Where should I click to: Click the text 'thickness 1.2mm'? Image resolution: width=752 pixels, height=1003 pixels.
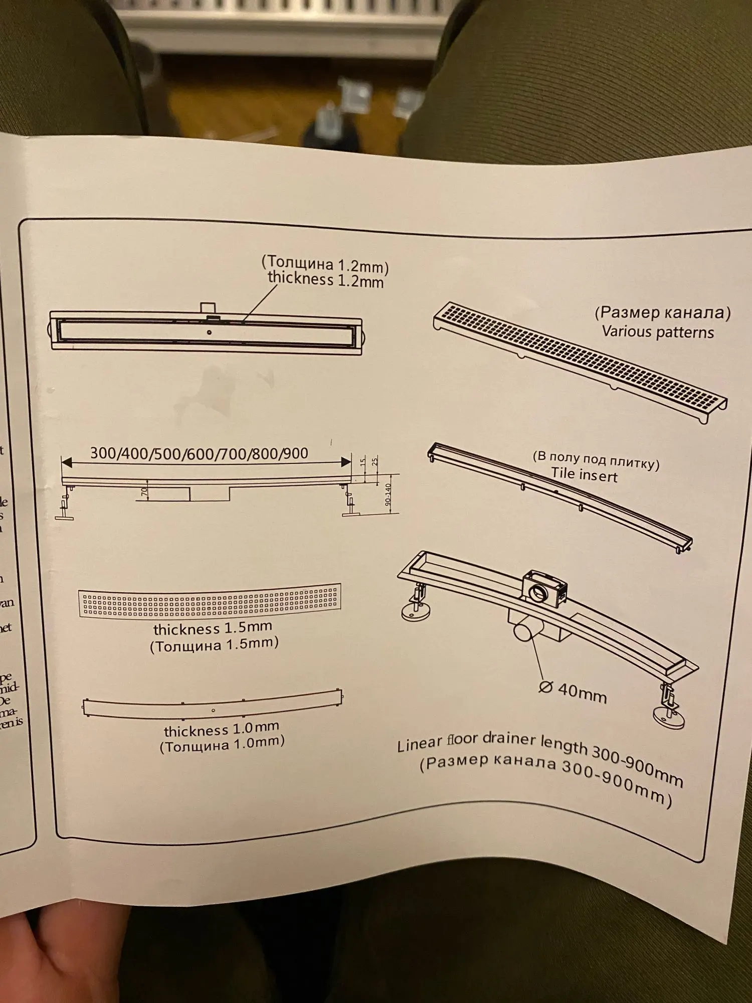coord(325,280)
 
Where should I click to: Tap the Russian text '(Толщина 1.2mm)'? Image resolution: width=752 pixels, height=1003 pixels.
coord(325,263)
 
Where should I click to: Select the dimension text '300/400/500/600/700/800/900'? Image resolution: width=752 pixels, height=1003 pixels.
coord(199,453)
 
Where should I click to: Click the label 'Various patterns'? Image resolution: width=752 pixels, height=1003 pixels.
coord(658,331)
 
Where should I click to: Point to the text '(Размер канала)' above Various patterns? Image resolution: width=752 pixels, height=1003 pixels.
coord(662,313)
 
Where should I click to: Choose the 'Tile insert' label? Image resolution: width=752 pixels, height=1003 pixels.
coord(584,474)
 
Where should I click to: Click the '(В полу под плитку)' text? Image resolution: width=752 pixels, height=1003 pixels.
coord(596,459)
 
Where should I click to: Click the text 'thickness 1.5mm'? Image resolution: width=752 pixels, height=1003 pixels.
coord(213,628)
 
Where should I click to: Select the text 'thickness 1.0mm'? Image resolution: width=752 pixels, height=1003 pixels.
coord(221,729)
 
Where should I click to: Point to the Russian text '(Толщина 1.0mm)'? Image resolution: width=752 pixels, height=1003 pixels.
coord(222,744)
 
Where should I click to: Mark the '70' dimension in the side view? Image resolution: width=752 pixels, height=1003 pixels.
coord(144,492)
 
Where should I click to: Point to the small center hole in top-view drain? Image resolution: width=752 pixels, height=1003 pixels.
coord(209,332)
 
